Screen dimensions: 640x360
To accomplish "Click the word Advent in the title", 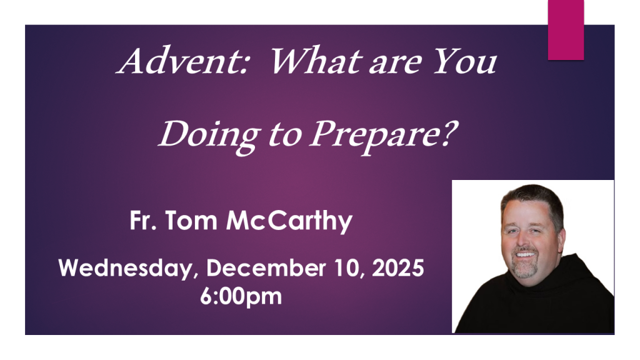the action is coord(183,61).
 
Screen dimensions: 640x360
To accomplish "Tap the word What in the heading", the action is coord(317,61).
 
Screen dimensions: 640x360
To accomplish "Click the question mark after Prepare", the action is coord(451,133).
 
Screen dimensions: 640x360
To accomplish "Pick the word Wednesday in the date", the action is coord(126,269).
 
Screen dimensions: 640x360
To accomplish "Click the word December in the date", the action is coord(266,268).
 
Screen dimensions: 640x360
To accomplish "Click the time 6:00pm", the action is coord(241,297).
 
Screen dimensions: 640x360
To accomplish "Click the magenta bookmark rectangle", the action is coord(566,30).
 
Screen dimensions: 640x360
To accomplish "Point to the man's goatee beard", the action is coord(524,267).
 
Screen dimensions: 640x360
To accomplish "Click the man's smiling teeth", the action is coord(525,254).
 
